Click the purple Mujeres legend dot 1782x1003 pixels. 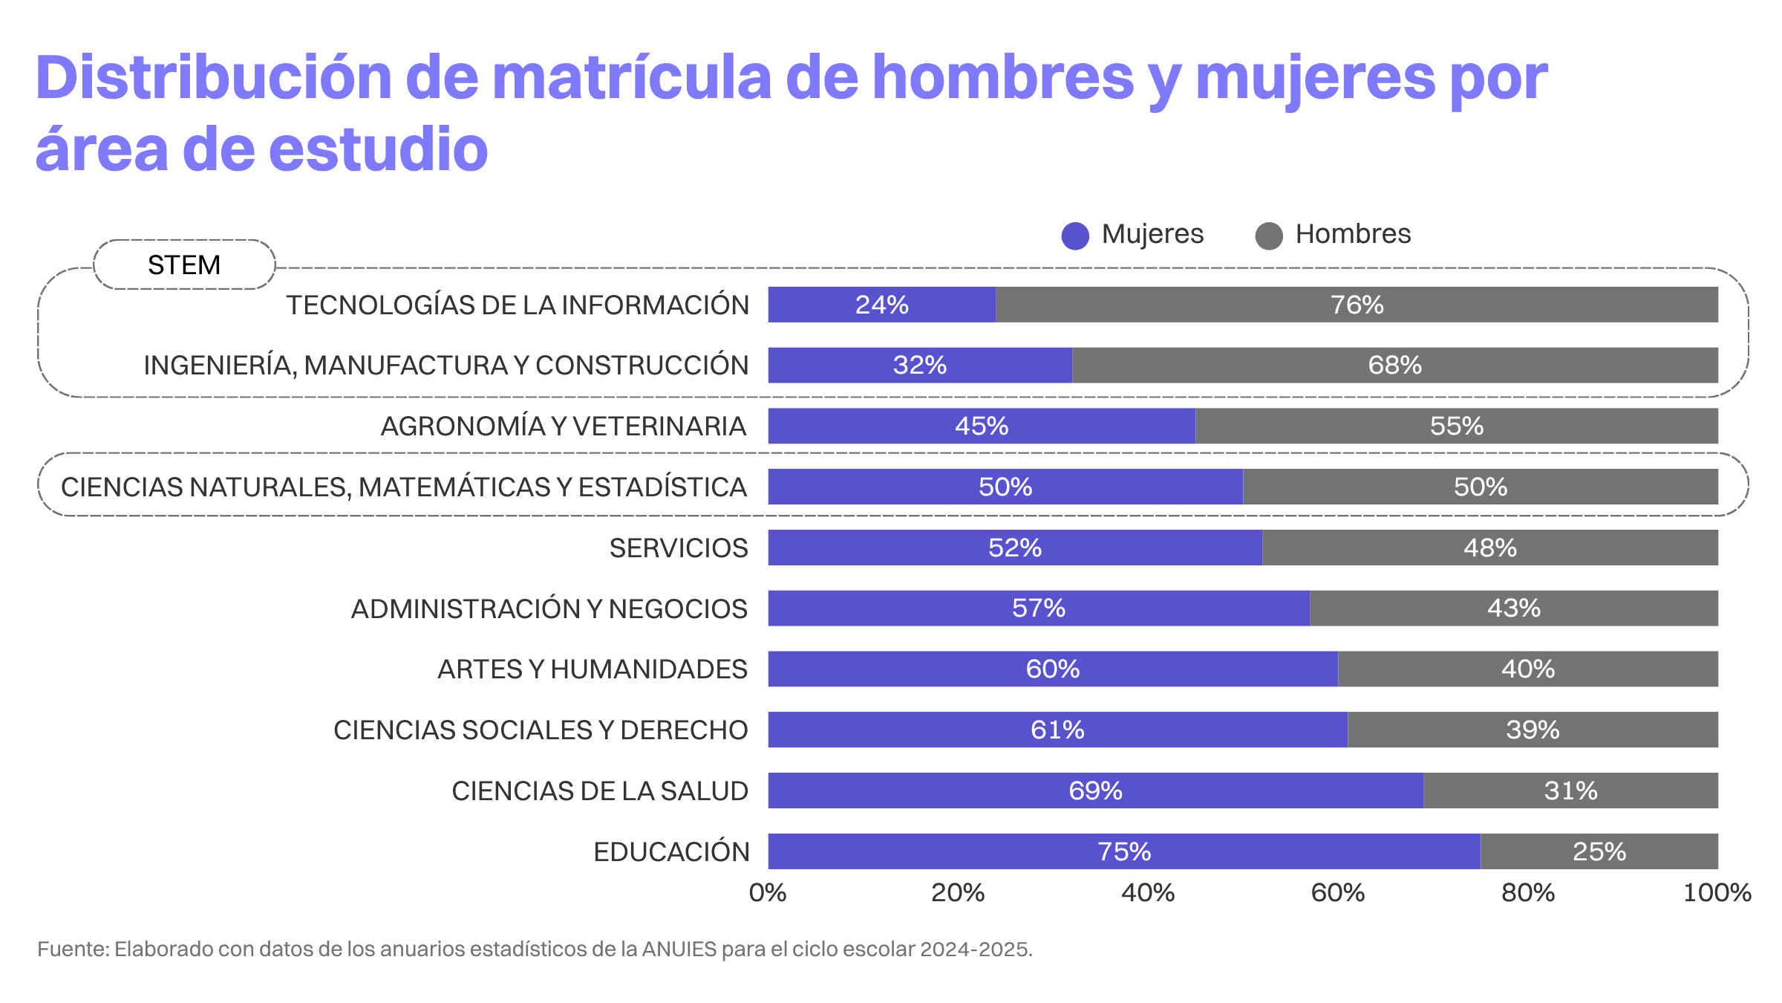(1075, 236)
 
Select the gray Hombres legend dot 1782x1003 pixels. (1269, 236)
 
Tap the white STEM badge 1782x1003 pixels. (184, 264)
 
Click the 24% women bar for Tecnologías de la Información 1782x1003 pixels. (881, 305)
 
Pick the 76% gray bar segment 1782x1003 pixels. (1357, 305)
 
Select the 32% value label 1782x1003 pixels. (919, 366)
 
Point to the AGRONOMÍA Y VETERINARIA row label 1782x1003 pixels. (563, 426)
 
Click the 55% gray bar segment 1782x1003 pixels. (1456, 426)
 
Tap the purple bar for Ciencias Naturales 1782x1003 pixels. (1005, 487)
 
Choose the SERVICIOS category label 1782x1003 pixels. (678, 548)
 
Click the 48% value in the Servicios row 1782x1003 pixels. (1489, 548)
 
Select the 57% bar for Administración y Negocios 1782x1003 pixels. (1038, 608)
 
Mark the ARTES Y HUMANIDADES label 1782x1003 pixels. (592, 669)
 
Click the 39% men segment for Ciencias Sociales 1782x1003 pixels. (1533, 730)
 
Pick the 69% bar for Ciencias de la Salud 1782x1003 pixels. (1095, 791)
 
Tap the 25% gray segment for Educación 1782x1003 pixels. (1599, 851)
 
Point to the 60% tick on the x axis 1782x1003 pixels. (1337, 892)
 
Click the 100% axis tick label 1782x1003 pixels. (1717, 892)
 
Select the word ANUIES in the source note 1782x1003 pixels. (679, 950)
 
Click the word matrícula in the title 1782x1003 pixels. (632, 78)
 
